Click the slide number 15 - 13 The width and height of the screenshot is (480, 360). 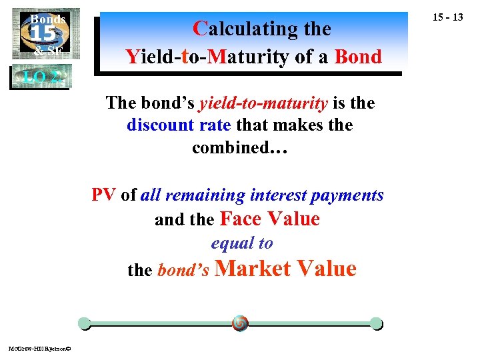[x=447, y=17]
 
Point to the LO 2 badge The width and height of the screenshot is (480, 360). [x=41, y=77]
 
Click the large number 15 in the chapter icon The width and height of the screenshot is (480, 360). [x=45, y=34]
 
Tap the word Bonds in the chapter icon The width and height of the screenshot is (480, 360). [x=47, y=19]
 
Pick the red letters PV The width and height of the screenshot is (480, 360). [x=103, y=195]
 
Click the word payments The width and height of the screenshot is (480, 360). [x=354, y=195]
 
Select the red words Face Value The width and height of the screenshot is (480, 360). [x=269, y=219]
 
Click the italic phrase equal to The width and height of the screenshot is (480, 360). [x=242, y=243]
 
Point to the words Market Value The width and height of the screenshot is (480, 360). [x=286, y=269]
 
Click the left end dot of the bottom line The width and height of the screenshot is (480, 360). [x=84, y=324]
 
